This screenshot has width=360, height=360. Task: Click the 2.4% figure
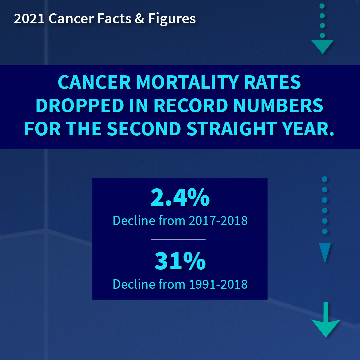(180, 197)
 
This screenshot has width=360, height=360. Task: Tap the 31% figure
(180, 261)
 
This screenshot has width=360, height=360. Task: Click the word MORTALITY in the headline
(188, 82)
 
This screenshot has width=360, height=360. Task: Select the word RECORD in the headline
(191, 105)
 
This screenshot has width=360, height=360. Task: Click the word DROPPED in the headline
(80, 105)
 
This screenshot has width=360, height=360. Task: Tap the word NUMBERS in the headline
(278, 105)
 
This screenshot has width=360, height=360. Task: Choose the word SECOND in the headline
(144, 129)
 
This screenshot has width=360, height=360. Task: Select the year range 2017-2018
(218, 221)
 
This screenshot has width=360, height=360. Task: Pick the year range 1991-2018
(218, 284)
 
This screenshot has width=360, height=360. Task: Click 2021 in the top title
(29, 19)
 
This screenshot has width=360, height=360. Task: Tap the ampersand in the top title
(140, 19)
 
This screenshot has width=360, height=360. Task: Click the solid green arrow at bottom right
(326, 320)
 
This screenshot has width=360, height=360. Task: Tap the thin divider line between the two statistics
(179, 239)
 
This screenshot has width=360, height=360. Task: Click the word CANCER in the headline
(94, 82)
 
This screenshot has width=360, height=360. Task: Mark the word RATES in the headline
(273, 82)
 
